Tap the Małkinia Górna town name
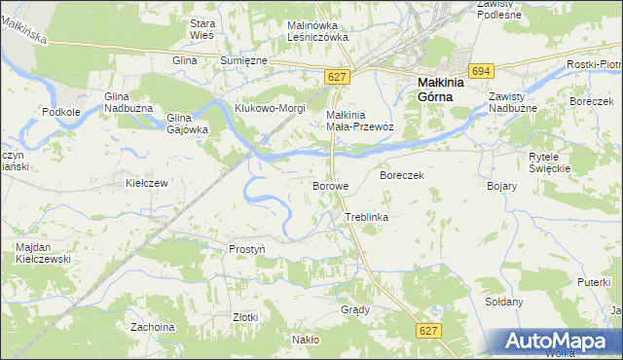point(441,90)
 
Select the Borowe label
point(330,185)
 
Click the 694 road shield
point(480,71)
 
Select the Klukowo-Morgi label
point(268,107)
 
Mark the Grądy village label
point(355,309)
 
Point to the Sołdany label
point(504,302)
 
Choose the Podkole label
point(61,112)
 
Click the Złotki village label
point(245,317)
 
